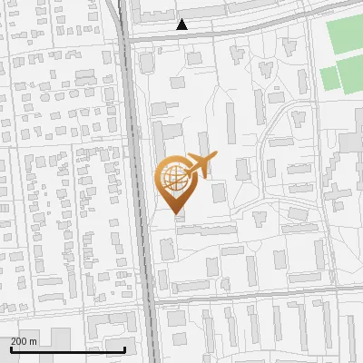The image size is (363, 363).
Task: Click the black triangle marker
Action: click(182, 25)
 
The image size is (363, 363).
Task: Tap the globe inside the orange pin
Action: click(172, 175)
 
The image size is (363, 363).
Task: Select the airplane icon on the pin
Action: click(198, 164)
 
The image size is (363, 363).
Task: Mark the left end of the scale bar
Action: click(11, 349)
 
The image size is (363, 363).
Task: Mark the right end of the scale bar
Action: click(124, 349)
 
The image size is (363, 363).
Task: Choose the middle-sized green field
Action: click(353, 76)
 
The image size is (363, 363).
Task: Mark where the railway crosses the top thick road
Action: click(126, 40)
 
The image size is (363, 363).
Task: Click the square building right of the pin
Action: click(219, 192)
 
